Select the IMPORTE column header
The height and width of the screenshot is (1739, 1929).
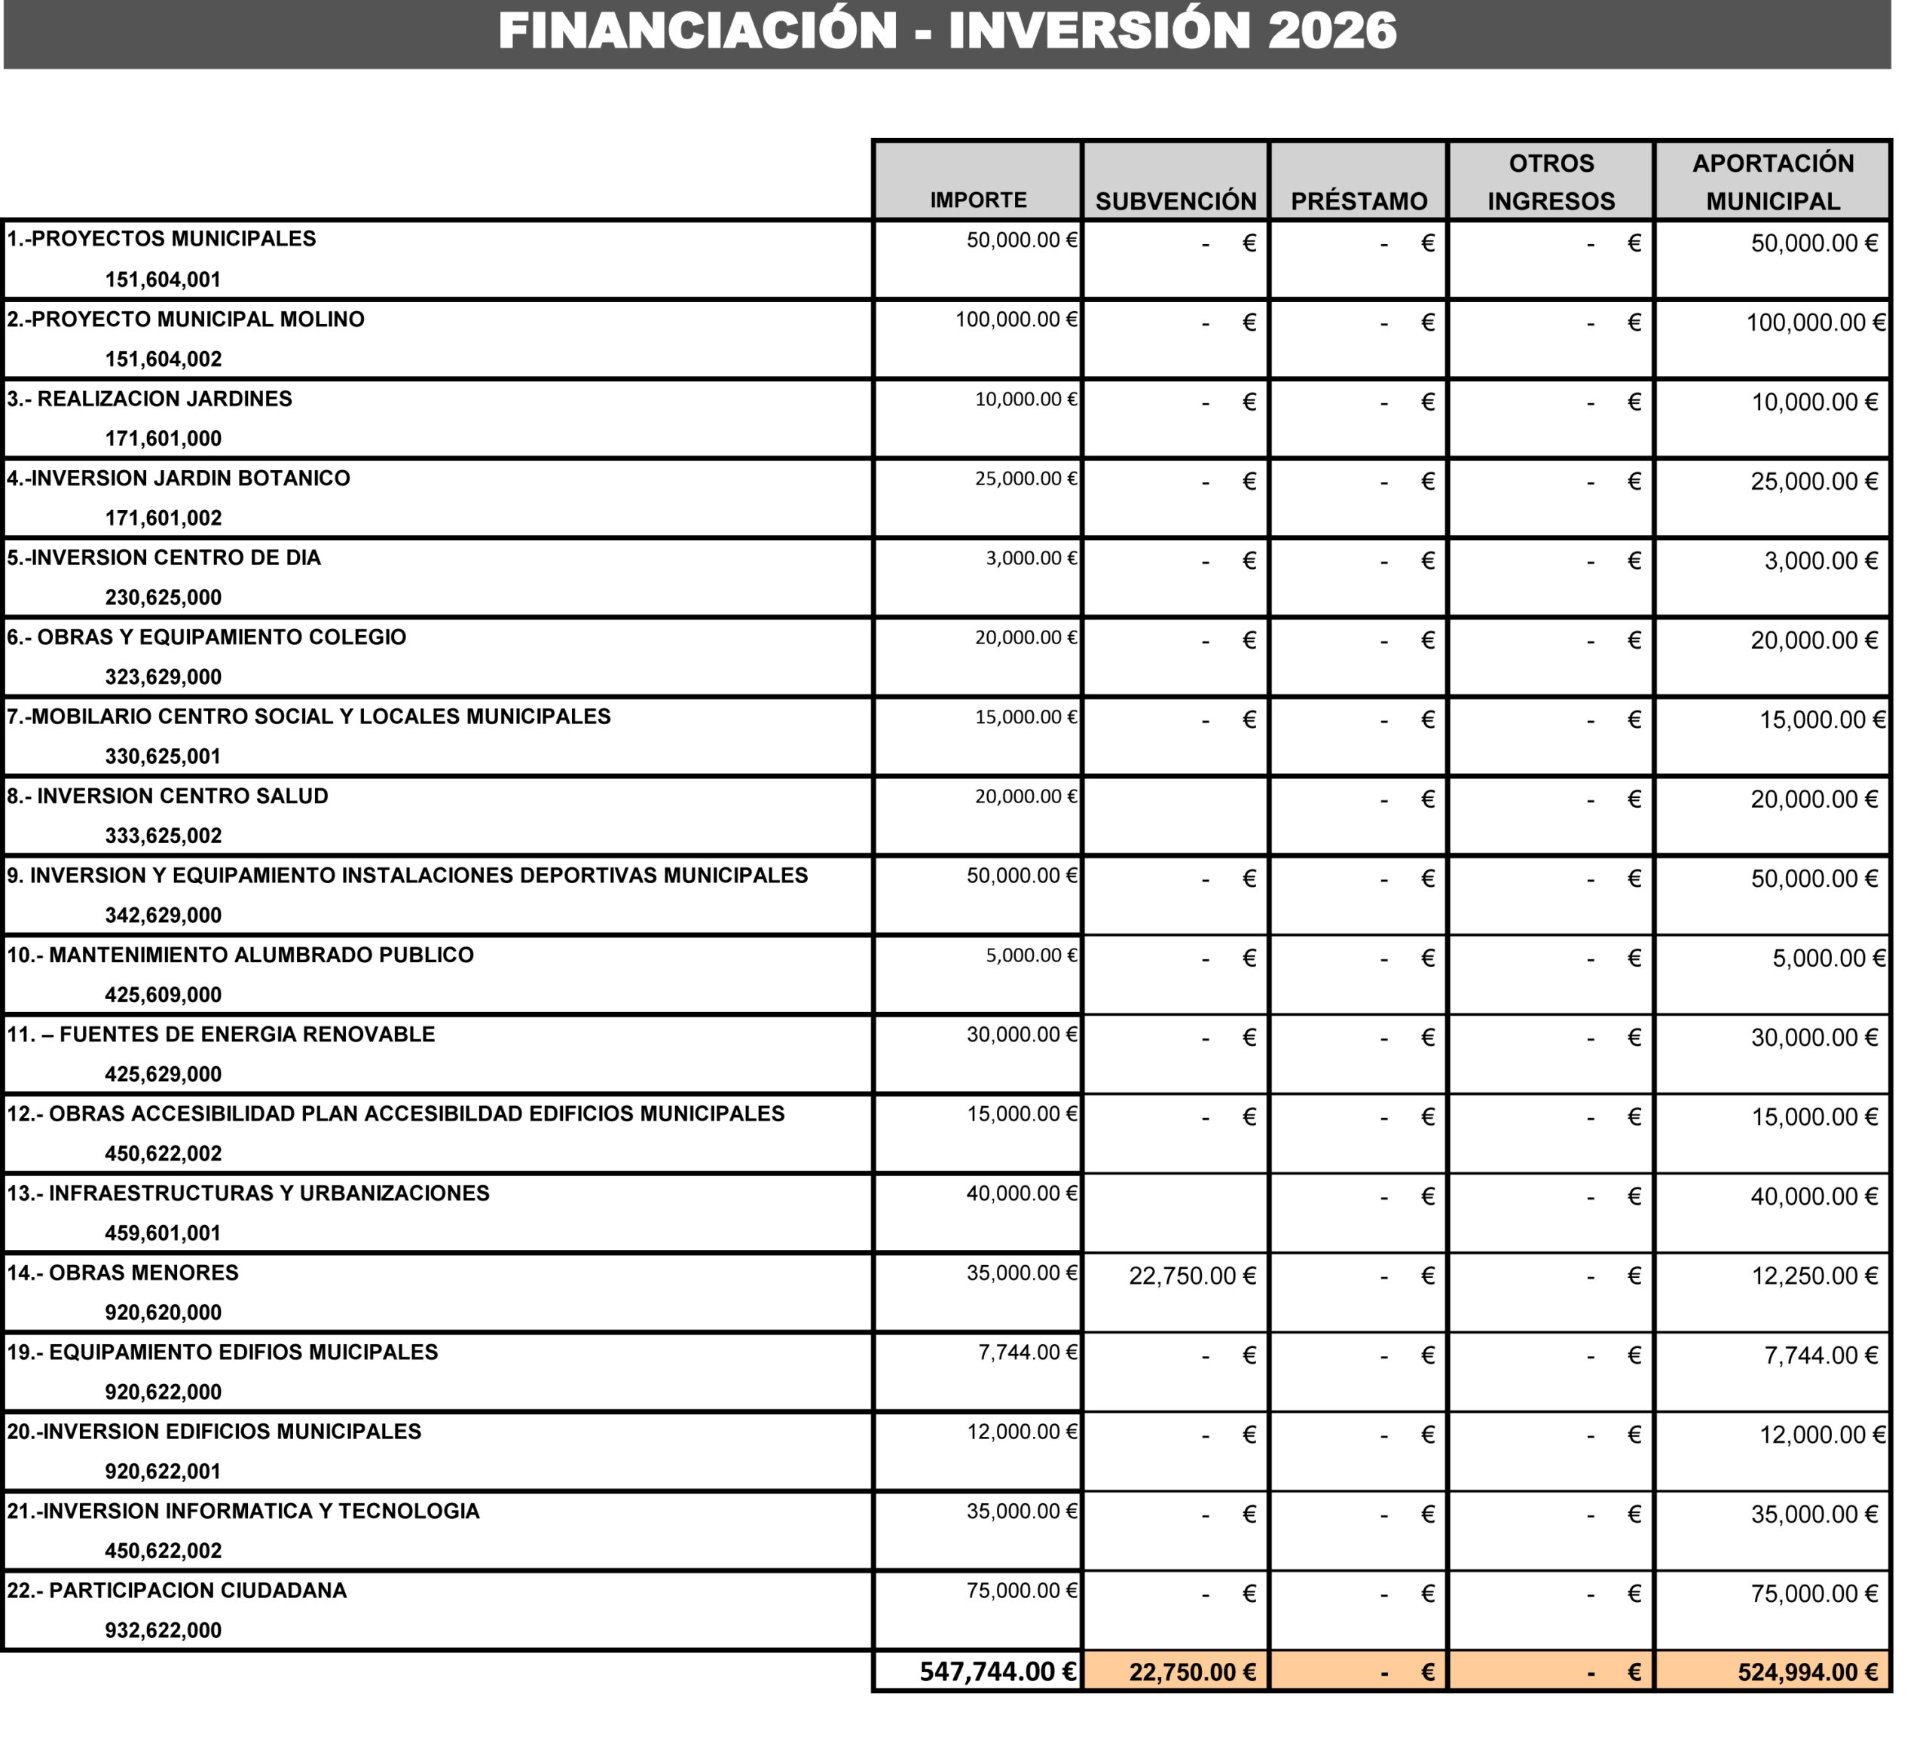click(x=977, y=200)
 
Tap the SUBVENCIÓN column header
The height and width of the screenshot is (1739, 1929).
click(x=1175, y=200)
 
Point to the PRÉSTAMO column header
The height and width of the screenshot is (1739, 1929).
click(x=1358, y=200)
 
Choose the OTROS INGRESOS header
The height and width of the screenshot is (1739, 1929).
click(x=1550, y=182)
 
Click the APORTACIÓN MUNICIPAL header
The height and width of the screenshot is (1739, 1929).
click(x=1772, y=182)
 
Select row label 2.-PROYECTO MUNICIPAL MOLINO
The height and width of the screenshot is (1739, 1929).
click(x=185, y=319)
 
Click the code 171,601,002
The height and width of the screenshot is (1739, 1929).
click(x=163, y=518)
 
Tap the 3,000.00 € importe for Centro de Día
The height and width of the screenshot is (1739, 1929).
click(x=1031, y=558)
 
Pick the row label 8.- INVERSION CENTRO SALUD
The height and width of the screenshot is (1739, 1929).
click(x=167, y=796)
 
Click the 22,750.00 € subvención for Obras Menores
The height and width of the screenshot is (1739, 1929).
click(x=1191, y=1276)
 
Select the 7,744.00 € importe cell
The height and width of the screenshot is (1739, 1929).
click(x=1027, y=1352)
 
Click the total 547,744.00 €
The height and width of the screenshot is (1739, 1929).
click(x=998, y=1671)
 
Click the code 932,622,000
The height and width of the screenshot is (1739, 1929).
click(x=163, y=1630)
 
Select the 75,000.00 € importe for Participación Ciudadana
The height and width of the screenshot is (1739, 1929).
click(x=1021, y=1590)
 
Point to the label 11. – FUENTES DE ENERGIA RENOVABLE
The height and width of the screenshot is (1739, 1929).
click(x=221, y=1034)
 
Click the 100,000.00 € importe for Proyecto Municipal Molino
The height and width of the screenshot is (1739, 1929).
click(x=1016, y=319)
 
